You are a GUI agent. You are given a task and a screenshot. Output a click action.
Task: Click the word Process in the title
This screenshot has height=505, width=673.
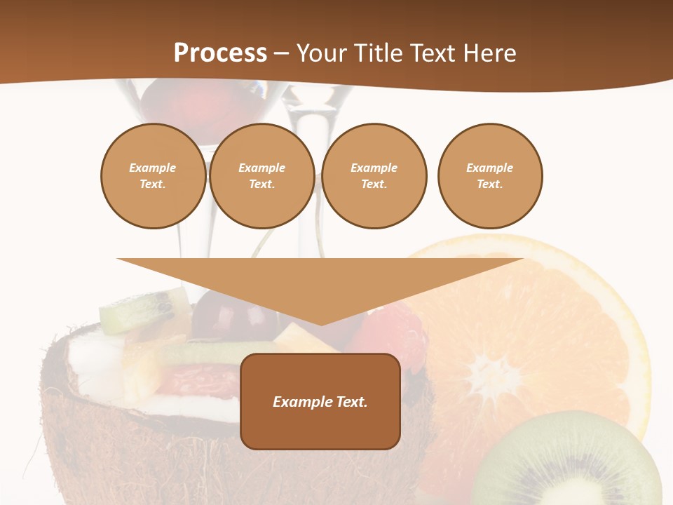[220, 53]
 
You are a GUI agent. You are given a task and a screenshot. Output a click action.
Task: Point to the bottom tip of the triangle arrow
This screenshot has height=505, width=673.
[320, 323]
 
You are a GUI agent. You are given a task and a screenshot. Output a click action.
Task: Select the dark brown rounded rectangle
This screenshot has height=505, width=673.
[320, 428]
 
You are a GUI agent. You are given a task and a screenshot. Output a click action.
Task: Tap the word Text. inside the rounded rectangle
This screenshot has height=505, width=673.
[351, 402]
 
